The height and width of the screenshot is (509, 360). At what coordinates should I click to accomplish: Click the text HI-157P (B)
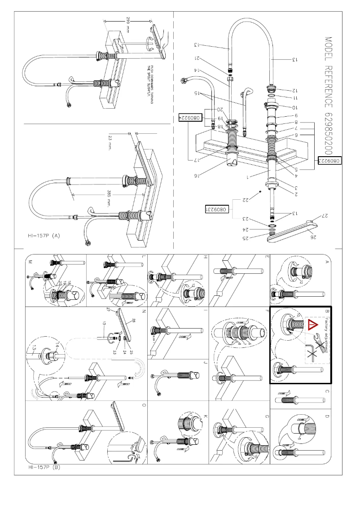[41, 467]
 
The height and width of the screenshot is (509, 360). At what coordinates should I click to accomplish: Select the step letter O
[143, 405]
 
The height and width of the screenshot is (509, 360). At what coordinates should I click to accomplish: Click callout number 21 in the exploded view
[198, 58]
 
